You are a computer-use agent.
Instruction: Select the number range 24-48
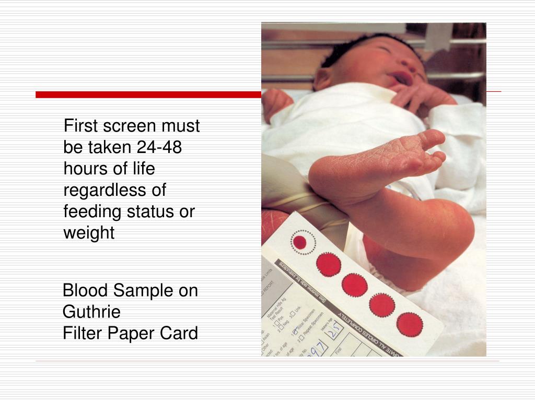point(159,148)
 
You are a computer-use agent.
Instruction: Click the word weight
point(89,233)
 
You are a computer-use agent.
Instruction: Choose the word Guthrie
point(91,312)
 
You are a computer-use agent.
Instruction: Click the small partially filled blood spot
point(300,242)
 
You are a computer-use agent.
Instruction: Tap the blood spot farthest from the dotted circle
point(410,325)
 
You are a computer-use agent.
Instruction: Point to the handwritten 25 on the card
point(335,328)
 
